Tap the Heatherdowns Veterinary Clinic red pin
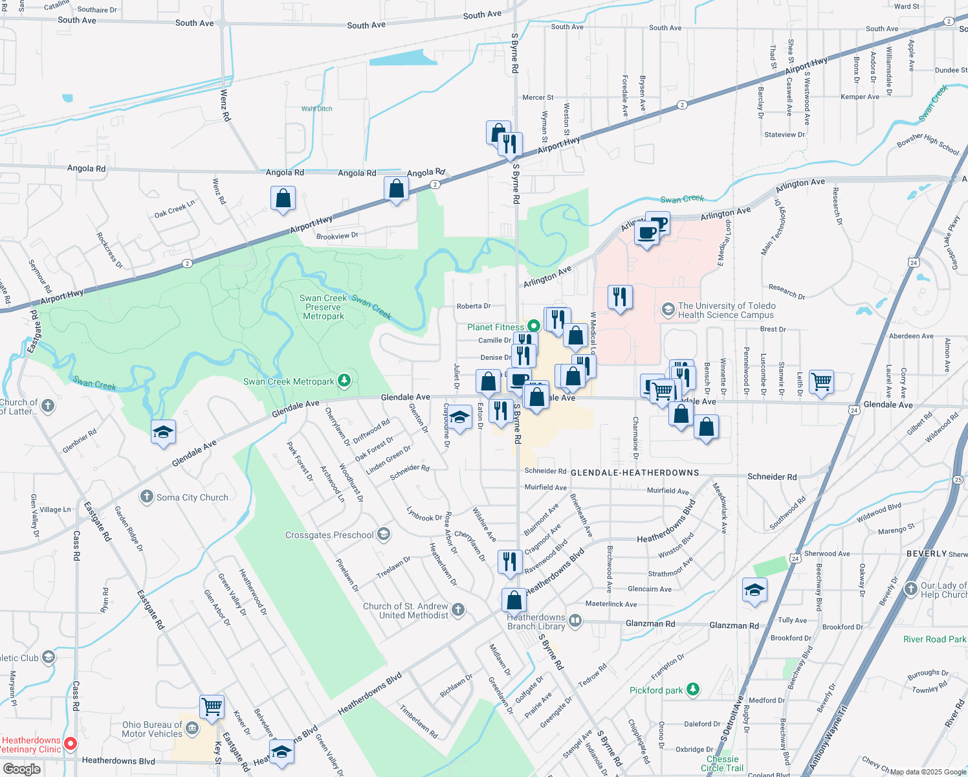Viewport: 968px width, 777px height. click(x=71, y=745)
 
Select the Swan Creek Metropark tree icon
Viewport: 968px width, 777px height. click(x=344, y=381)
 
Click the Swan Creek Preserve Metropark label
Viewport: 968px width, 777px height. click(x=324, y=308)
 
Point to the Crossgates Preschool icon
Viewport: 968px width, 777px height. click(x=384, y=534)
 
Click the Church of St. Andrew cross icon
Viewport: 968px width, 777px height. click(x=458, y=609)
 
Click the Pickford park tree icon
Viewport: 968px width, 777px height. click(x=693, y=690)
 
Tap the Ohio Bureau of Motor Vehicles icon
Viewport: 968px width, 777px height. click(x=192, y=729)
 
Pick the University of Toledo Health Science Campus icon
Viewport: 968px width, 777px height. click(x=668, y=310)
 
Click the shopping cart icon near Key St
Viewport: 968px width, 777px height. click(x=212, y=706)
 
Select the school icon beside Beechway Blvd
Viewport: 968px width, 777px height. click(x=754, y=591)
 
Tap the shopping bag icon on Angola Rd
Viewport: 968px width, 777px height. click(x=396, y=189)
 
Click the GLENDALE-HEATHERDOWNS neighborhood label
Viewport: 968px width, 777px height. click(x=635, y=473)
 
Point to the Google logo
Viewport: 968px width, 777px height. click(x=21, y=769)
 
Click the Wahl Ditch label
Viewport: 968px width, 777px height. click(x=316, y=109)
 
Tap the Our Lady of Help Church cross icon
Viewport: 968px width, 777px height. click(x=911, y=589)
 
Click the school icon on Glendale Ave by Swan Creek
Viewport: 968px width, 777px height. click(x=163, y=432)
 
